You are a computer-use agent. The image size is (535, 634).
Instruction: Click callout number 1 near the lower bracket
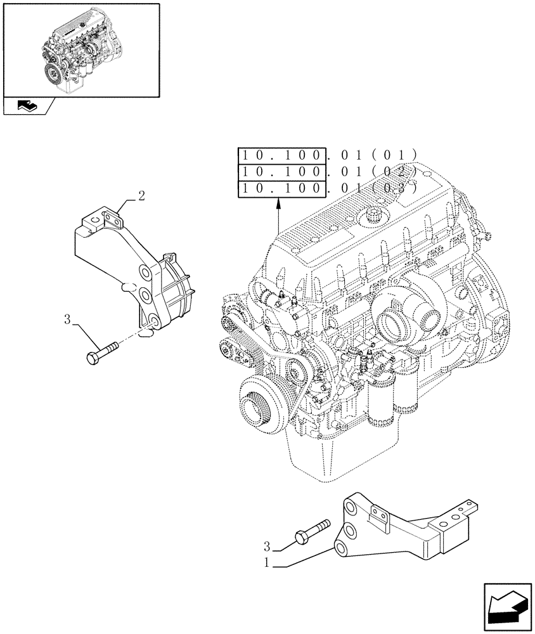[270, 561]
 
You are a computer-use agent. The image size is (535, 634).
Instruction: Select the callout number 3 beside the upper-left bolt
[67, 319]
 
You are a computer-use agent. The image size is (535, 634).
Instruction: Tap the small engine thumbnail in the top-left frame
[80, 50]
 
